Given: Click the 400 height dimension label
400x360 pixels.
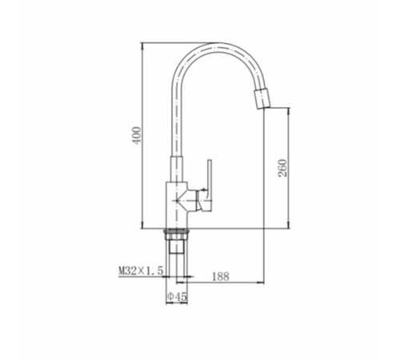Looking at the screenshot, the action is point(137,136).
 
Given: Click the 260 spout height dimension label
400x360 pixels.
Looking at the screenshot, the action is point(282,168).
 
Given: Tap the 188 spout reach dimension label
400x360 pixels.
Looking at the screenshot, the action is point(221,277).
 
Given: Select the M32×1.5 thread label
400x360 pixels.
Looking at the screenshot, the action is point(141,271).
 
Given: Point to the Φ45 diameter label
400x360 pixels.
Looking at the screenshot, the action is point(177,297).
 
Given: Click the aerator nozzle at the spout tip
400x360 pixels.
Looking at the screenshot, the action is point(262,99).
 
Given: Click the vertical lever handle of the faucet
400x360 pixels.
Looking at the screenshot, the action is point(210,186).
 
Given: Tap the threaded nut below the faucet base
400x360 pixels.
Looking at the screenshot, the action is point(177,233).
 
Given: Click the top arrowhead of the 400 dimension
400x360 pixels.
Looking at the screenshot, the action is point(142,46).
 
